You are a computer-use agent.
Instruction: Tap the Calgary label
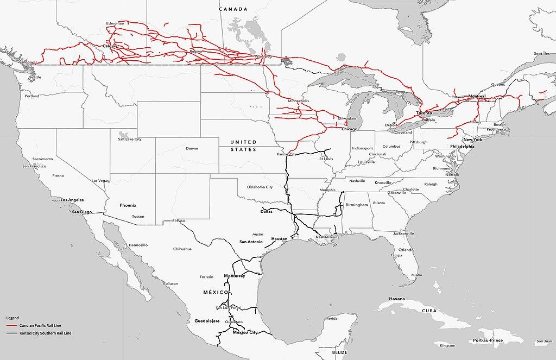tap(110, 47)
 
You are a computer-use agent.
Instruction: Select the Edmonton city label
tap(116, 23)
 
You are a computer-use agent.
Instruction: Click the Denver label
tap(192, 148)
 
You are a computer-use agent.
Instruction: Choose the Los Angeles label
tap(72, 200)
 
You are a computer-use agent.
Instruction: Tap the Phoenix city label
tap(128, 205)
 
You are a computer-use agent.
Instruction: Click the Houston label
tap(279, 239)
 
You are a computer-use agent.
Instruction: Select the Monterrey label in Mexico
tap(235, 276)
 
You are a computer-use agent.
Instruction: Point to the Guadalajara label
tap(206, 321)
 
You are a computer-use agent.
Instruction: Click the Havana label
tap(399, 299)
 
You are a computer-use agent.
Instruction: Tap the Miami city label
tap(416, 275)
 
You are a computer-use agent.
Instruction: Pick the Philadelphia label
tap(462, 147)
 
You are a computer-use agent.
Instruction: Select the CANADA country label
tap(233, 9)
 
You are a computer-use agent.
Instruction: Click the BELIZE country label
tap(340, 352)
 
